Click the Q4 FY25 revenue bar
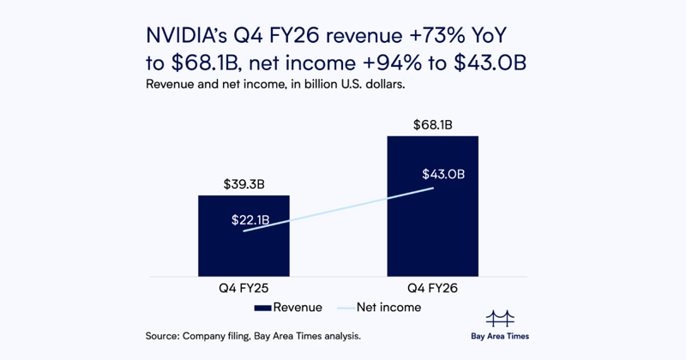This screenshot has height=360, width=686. click(x=244, y=249)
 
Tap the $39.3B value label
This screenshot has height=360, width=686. click(x=244, y=183)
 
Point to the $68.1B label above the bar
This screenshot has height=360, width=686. click(x=433, y=125)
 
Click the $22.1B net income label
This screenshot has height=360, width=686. click(x=250, y=220)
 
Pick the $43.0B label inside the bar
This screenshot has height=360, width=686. click(x=443, y=175)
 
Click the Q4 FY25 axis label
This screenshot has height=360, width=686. click(x=244, y=289)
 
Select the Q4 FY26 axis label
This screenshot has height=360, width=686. click(x=433, y=289)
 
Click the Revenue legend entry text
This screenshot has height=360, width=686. click(x=298, y=307)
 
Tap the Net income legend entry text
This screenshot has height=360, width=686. click(x=391, y=307)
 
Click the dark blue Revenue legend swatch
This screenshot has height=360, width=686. click(x=263, y=308)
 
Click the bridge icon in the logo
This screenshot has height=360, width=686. click(x=500, y=319)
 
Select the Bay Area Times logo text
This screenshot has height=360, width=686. click(x=500, y=336)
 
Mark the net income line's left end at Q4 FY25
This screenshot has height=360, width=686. click(x=244, y=231)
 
